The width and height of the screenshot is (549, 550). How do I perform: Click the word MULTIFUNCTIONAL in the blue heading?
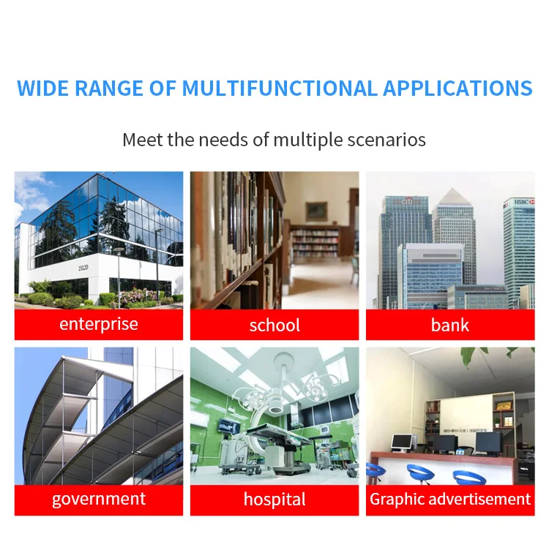click(x=280, y=88)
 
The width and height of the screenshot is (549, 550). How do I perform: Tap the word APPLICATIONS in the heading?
click(x=457, y=88)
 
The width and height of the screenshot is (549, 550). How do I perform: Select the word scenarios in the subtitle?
click(x=386, y=140)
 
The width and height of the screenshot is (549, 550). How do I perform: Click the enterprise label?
click(x=99, y=324)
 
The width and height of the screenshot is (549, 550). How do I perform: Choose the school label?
click(x=274, y=325)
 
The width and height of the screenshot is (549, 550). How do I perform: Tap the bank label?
click(x=450, y=325)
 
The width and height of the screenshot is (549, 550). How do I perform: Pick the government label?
click(x=99, y=499)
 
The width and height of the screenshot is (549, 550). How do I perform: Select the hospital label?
click(x=274, y=499)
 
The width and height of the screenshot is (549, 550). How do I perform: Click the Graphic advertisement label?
click(x=450, y=499)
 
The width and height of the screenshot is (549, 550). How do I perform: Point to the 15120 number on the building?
click(x=83, y=268)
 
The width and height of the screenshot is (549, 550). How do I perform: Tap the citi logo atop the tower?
click(x=408, y=201)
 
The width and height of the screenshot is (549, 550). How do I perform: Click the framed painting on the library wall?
click(x=316, y=211)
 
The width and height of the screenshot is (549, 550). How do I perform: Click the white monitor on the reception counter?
click(x=402, y=442)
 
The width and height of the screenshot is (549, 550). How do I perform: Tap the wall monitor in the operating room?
click(x=229, y=425)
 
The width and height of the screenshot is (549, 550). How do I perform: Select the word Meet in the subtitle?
click(x=143, y=140)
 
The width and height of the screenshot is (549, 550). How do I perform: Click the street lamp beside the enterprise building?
click(x=119, y=276)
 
